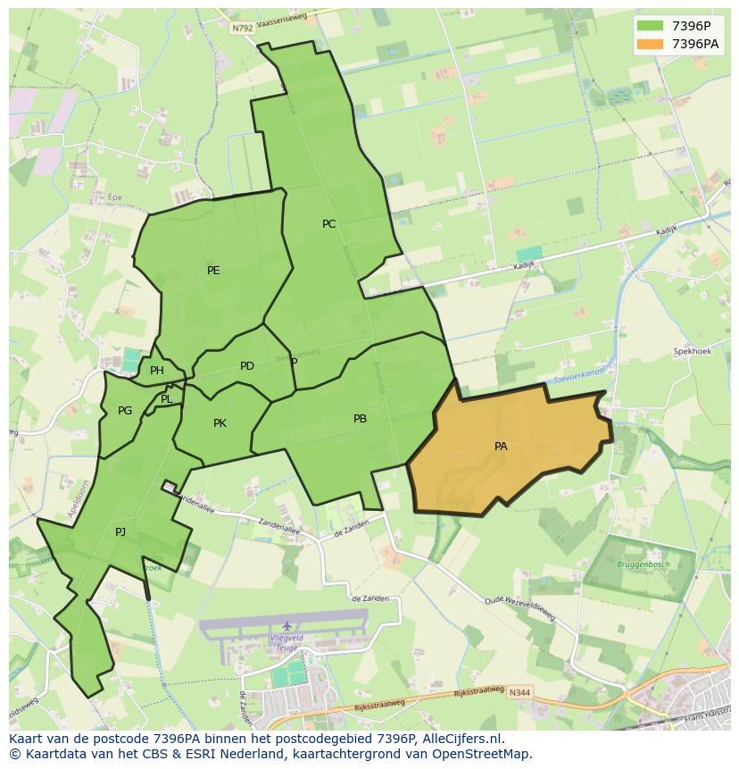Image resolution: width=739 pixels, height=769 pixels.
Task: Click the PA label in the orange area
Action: point(501,446)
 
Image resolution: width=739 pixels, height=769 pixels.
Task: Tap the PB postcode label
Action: point(360,418)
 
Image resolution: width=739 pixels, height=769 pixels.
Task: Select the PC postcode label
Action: point(329,224)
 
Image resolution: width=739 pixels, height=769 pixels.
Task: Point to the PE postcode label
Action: point(213,271)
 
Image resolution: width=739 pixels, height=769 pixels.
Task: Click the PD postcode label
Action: point(247,366)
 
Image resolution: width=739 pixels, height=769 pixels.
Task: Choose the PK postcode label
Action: point(220,423)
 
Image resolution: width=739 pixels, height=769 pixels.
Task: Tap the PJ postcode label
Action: point(120,532)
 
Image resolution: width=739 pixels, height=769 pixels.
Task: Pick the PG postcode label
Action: point(125,411)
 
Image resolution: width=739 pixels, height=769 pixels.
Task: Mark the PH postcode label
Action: point(157,371)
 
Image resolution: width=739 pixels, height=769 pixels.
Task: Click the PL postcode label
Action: point(167,399)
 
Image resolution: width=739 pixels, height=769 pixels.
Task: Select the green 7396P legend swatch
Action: point(651,25)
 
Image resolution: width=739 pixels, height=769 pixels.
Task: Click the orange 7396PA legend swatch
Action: point(651,43)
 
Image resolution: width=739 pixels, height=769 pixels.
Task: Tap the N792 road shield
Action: point(242,29)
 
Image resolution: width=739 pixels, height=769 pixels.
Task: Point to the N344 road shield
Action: point(520,693)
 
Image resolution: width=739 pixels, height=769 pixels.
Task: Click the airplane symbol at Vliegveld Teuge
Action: point(286,625)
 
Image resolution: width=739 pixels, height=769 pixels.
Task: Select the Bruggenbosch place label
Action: point(643,564)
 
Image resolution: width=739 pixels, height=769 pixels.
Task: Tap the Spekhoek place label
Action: point(692,352)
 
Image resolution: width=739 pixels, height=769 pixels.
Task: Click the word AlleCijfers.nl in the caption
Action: point(461,739)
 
